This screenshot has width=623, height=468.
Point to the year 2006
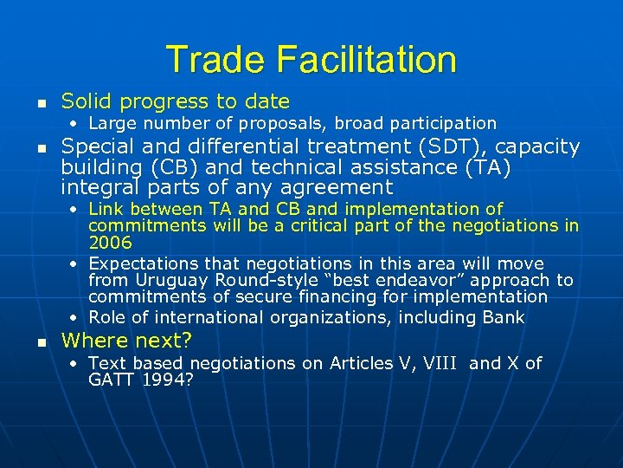(x=110, y=243)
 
